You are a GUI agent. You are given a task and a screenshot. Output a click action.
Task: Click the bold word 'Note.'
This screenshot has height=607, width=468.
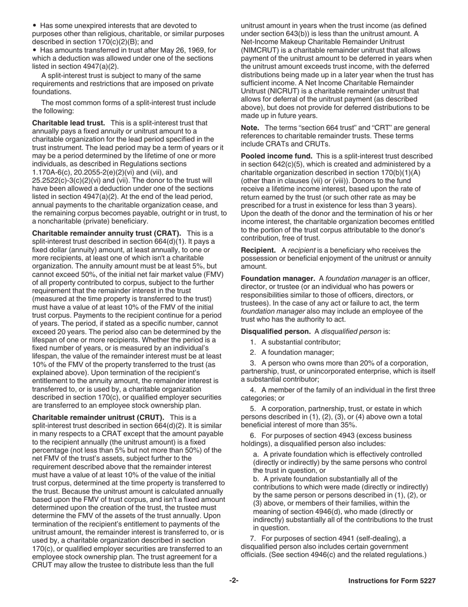250,128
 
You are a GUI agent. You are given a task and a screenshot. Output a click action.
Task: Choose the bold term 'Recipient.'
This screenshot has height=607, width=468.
258,250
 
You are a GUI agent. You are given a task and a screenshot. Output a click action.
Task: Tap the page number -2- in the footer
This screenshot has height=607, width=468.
234,581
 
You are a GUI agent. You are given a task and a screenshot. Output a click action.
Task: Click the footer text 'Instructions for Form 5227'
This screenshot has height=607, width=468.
392,581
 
